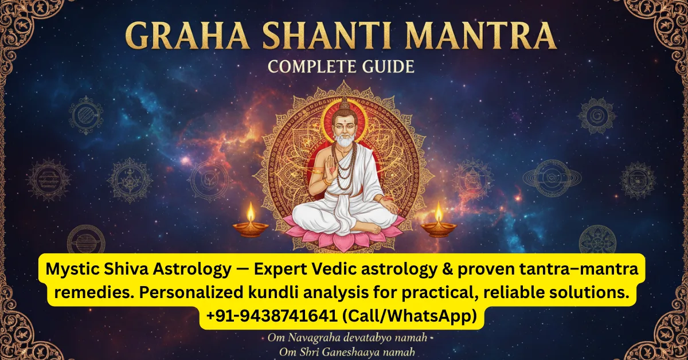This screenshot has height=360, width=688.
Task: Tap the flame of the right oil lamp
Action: [x=439, y=212]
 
